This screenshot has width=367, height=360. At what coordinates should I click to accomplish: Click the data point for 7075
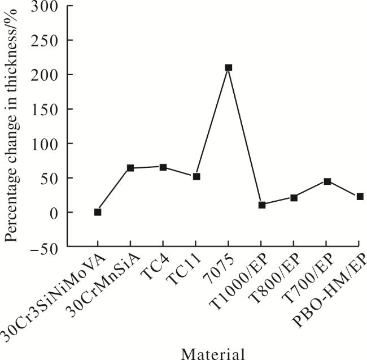click(x=229, y=68)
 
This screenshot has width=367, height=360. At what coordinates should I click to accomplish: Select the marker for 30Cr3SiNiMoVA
click(x=98, y=212)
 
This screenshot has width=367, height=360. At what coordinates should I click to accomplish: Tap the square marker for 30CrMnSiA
click(x=130, y=168)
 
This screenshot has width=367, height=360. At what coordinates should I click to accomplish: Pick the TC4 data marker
click(x=163, y=167)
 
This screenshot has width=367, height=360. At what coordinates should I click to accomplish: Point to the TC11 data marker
click(x=196, y=176)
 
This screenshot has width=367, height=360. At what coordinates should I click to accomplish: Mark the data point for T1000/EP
click(x=262, y=205)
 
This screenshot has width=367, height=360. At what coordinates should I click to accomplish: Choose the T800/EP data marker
click(x=294, y=198)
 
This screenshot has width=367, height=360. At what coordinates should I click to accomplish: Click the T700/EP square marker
click(x=327, y=181)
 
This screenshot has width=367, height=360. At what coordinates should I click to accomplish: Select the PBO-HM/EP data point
click(x=360, y=197)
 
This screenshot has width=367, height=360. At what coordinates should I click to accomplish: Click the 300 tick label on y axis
click(x=44, y=6)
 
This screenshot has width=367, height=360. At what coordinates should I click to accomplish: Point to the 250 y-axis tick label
click(x=44, y=40)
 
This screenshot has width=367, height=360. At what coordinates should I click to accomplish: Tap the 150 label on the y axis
click(x=44, y=109)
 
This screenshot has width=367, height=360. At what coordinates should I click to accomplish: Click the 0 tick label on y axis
click(x=54, y=212)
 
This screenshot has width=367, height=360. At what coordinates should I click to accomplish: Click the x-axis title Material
click(x=213, y=353)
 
